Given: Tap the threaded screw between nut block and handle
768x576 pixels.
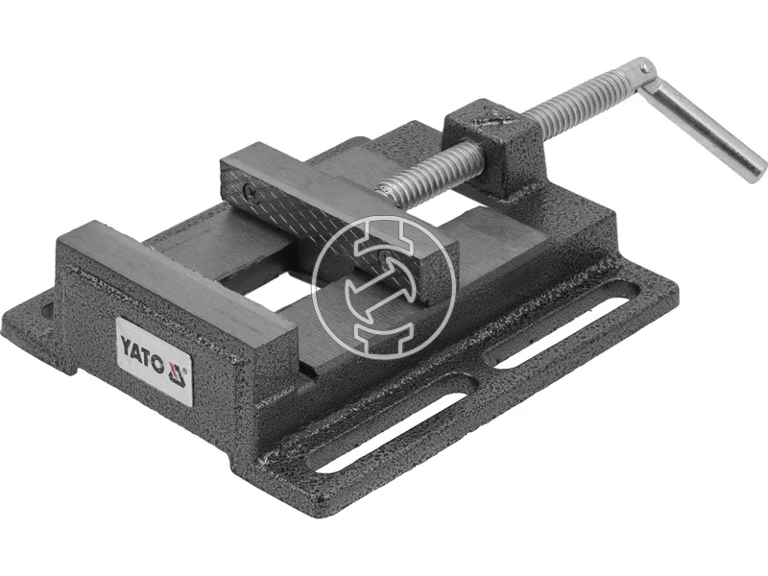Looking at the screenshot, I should pyautogui.click(x=576, y=101).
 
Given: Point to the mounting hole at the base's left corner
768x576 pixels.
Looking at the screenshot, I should pyautogui.click(x=45, y=312).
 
